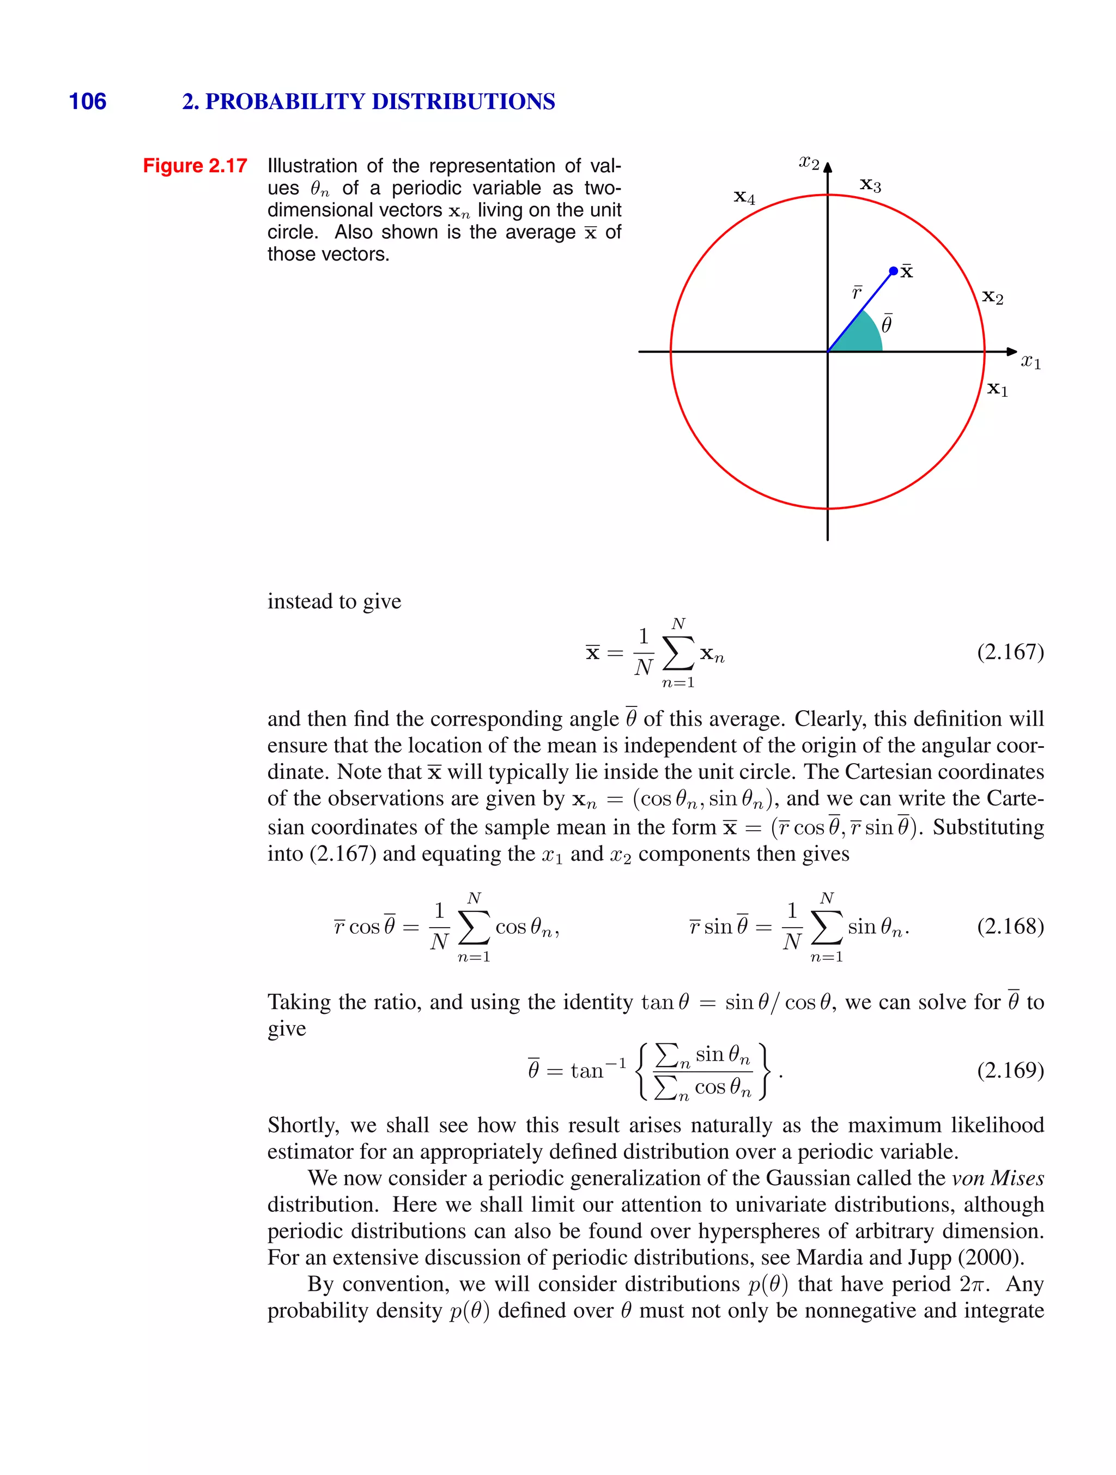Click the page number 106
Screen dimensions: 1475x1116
[87, 101]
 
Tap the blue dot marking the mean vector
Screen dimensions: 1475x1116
[893, 271]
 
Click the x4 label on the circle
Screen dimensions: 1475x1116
[744, 197]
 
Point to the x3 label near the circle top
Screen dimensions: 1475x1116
[870, 185]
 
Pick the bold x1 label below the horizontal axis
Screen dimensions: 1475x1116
[997, 389]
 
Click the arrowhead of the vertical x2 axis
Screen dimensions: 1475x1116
[827, 167]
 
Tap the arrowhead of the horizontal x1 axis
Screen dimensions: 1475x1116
[1012, 352]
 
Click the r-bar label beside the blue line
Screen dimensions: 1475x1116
[857, 293]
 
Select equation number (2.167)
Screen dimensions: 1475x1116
[1010, 651]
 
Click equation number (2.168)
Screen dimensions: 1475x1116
[1010, 926]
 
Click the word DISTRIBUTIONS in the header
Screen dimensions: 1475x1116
[463, 101]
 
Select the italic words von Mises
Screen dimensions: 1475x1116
[997, 1178]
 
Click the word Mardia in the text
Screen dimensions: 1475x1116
[830, 1258]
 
